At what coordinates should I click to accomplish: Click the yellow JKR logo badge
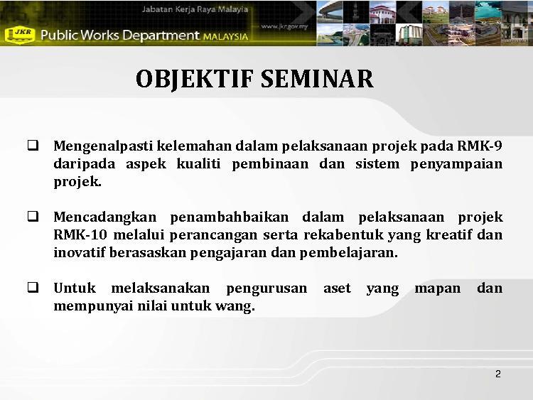tap(20, 35)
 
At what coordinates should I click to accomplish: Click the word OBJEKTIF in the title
tap(195, 79)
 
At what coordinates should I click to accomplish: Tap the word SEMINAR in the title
tap(317, 78)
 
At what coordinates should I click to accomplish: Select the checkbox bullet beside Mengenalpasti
tap(33, 146)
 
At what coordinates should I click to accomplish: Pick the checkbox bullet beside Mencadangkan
tap(33, 217)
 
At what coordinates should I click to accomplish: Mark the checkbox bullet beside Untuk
tap(33, 288)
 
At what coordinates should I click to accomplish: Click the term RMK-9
tap(480, 146)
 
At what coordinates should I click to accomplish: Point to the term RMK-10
tap(80, 234)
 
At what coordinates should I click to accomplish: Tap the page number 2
tap(498, 374)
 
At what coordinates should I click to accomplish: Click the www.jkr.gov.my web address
tap(284, 26)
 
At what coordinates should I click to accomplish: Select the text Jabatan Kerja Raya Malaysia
tap(195, 9)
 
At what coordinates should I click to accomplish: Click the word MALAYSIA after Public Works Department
tap(226, 36)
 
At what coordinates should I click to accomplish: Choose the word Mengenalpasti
tap(103, 146)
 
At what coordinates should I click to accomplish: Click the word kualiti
tap(198, 164)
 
